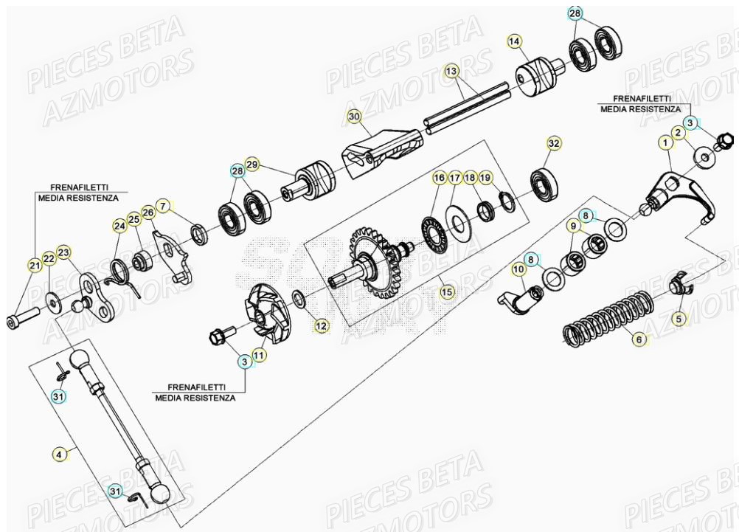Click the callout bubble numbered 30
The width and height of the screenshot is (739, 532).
(x=354, y=117)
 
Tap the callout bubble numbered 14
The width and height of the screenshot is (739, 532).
(x=514, y=41)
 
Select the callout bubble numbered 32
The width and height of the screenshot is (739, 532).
(x=553, y=142)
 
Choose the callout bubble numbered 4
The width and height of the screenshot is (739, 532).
(x=58, y=454)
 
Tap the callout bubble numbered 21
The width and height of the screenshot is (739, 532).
(x=35, y=265)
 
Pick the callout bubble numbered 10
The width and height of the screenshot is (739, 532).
(x=518, y=269)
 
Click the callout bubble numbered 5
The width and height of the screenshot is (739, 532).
(x=680, y=319)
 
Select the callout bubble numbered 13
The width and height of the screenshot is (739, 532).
(x=451, y=71)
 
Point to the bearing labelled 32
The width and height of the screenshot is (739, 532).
(x=547, y=181)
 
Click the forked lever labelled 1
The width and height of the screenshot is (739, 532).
(x=675, y=192)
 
